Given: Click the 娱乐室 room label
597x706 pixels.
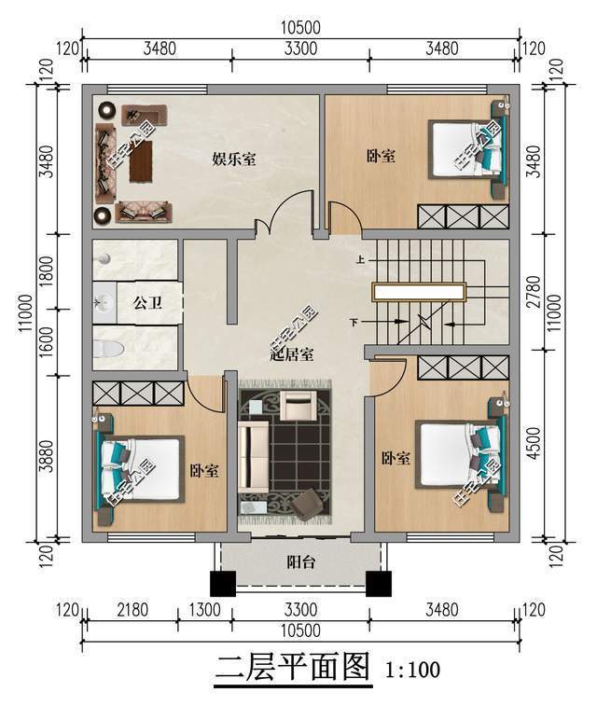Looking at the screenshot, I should [x=234, y=159].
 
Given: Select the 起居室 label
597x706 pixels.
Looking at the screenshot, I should [x=290, y=353].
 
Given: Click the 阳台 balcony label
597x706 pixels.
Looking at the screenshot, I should [x=295, y=562].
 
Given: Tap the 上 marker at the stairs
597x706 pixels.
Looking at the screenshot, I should [x=359, y=261].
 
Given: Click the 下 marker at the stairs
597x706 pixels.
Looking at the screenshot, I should [x=354, y=323].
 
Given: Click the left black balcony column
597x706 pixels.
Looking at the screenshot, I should [x=221, y=583].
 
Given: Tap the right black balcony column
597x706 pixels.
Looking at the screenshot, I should [x=378, y=583].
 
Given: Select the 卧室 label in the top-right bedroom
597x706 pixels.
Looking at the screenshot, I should [x=380, y=158].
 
